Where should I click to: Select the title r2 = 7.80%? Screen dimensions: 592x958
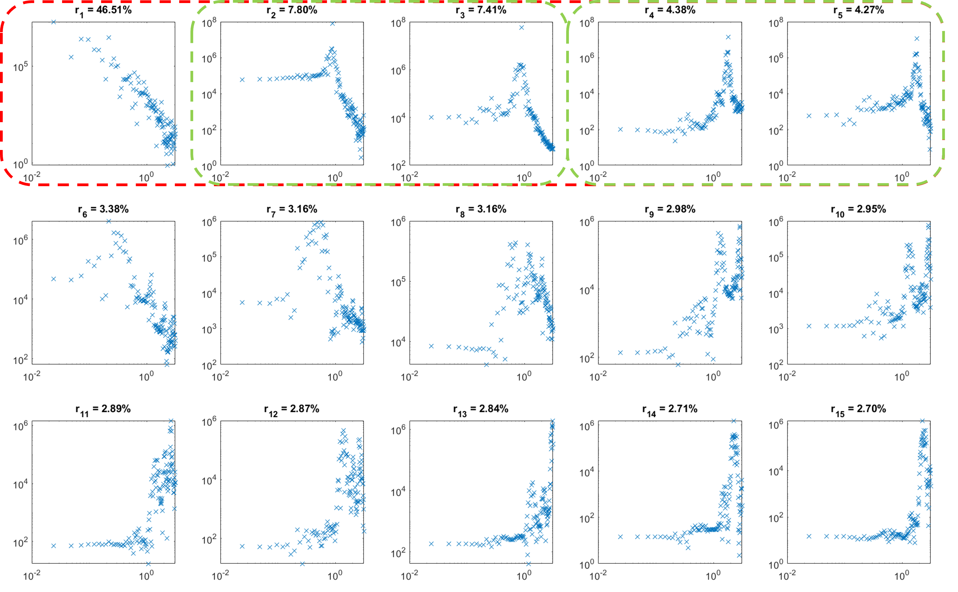pyautogui.click(x=292, y=11)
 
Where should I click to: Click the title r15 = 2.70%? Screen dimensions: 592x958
pyautogui.click(x=858, y=409)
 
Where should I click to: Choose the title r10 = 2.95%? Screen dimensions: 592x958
pyautogui.click(x=858, y=210)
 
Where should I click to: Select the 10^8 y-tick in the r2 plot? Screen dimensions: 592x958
pyautogui.click(x=209, y=23)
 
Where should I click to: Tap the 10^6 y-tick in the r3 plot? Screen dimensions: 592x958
pyautogui.click(x=398, y=71)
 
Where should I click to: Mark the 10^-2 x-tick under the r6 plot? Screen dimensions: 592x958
pyautogui.click(x=32, y=376)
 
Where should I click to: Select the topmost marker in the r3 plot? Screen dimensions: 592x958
pyautogui.click(x=521, y=27)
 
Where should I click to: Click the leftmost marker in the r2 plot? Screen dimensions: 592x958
pyautogui.click(x=242, y=79)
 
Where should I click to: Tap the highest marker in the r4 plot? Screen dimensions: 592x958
pyautogui.click(x=728, y=37)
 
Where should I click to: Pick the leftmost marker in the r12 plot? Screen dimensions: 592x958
pyautogui.click(x=242, y=546)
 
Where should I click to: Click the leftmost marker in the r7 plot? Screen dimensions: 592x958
pyautogui.click(x=242, y=302)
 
